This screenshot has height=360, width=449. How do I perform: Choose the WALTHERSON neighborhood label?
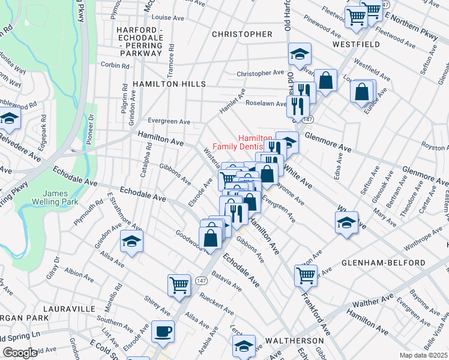(x=292, y=340)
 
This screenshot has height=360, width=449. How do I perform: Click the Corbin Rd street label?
(x=113, y=64)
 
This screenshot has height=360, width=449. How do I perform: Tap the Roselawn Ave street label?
(x=264, y=103)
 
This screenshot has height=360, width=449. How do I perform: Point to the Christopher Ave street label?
(x=260, y=73)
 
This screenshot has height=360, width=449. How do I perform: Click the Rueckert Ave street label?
(x=215, y=308)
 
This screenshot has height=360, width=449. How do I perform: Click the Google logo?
(x=20, y=353)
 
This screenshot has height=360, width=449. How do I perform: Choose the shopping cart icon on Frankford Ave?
(x=306, y=275)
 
